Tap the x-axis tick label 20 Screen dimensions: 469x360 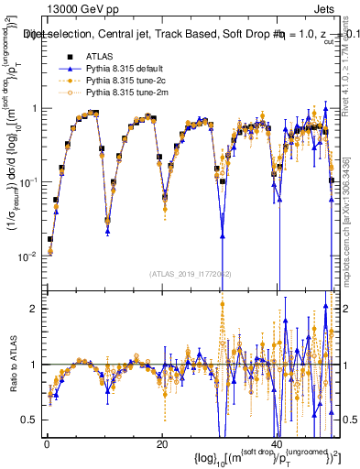(162, 442)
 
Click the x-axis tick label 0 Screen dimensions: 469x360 (46, 442)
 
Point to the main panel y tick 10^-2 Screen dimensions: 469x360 (27, 256)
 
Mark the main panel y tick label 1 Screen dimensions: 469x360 (33, 108)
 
